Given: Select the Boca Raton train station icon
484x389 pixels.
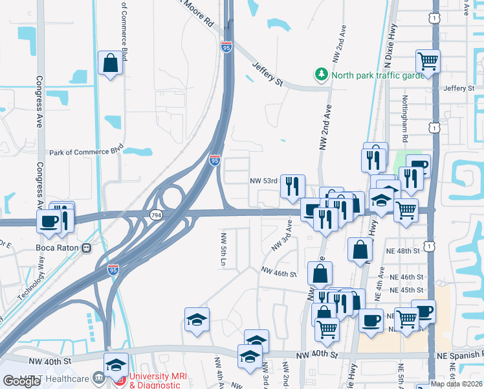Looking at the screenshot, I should click(85, 248).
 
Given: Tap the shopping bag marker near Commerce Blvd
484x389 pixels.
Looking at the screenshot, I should click(111, 64).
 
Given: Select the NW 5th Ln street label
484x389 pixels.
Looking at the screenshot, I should click(223, 250).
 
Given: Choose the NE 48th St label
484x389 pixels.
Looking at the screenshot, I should click(404, 250).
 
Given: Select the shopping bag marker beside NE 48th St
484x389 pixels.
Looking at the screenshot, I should click(360, 250).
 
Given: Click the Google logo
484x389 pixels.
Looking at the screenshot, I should click(21, 381).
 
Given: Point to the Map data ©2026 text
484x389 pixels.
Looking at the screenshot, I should click(457, 384).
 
